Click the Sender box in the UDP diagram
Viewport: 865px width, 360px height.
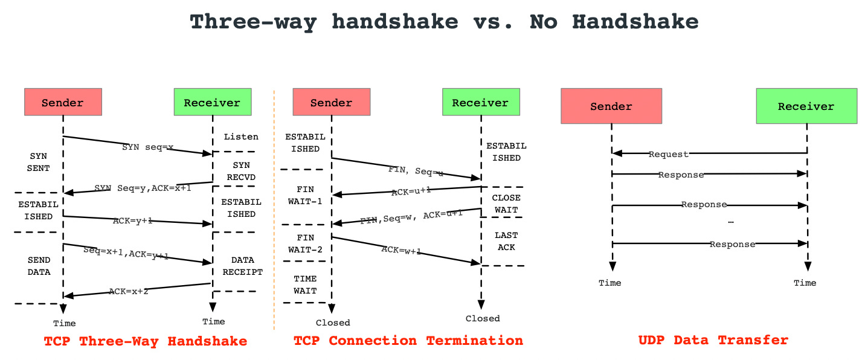tap(611, 106)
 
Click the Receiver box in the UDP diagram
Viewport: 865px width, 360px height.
tap(806, 106)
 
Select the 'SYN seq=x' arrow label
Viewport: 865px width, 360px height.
tap(148, 147)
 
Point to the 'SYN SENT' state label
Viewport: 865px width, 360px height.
tap(38, 162)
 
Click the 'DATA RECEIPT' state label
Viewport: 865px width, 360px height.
tap(242, 266)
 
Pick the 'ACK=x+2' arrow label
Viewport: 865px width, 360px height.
tap(129, 291)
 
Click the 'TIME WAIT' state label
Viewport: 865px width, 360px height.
tap(305, 285)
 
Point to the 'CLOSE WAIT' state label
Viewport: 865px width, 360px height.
tap(506, 204)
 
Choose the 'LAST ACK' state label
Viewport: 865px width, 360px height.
tap(506, 241)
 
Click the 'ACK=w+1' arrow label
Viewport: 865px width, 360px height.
tap(401, 249)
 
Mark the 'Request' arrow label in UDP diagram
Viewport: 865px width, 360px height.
tap(668, 154)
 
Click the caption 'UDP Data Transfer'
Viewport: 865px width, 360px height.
tap(713, 340)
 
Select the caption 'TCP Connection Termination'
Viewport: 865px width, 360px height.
tap(408, 341)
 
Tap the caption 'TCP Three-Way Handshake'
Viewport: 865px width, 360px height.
tap(146, 341)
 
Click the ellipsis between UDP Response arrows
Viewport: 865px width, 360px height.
tap(731, 222)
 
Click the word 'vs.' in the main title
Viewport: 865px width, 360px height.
tap(493, 22)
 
